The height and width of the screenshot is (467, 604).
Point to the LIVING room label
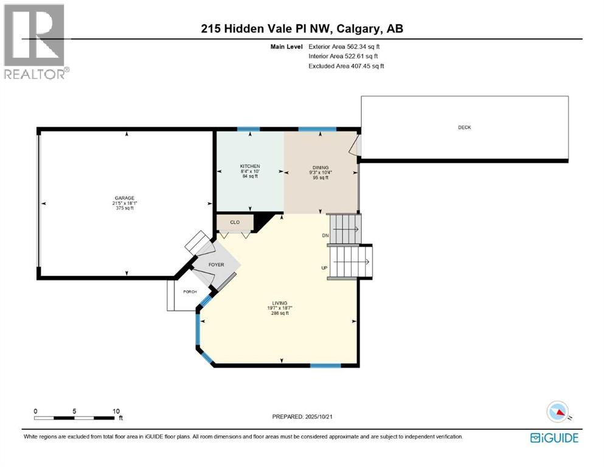(x=280, y=303)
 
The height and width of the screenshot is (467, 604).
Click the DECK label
(x=465, y=127)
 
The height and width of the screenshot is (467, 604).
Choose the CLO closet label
(x=235, y=223)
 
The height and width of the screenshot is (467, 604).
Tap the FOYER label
(x=217, y=265)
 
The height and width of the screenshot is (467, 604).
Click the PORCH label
(x=190, y=292)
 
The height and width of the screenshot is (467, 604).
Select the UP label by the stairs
(x=325, y=268)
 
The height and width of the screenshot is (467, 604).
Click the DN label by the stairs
(x=325, y=235)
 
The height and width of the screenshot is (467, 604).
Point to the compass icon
(x=557, y=412)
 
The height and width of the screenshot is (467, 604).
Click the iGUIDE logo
(x=554, y=438)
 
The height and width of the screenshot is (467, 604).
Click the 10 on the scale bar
(x=116, y=411)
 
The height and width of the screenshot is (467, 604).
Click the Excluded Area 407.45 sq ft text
(x=345, y=66)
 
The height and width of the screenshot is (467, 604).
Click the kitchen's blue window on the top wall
(x=248, y=129)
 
